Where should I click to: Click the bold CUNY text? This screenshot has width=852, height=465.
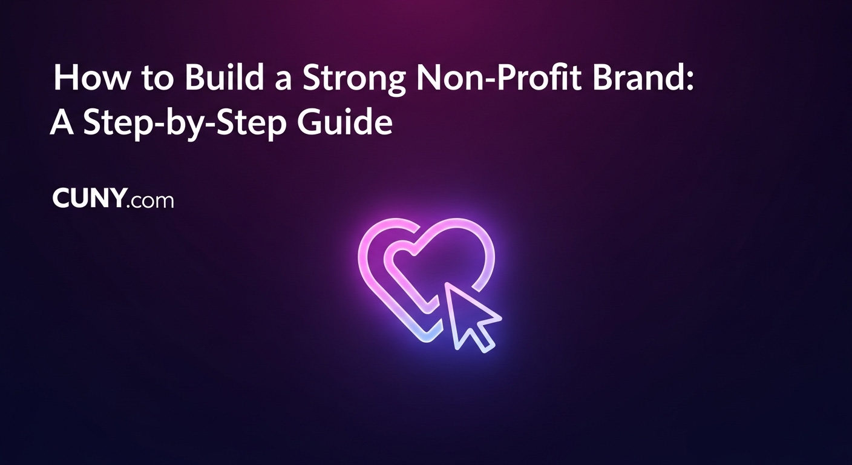tap(90, 199)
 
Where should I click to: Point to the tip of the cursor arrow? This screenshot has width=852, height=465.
tap(448, 285)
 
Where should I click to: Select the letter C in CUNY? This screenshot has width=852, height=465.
tap(62, 199)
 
